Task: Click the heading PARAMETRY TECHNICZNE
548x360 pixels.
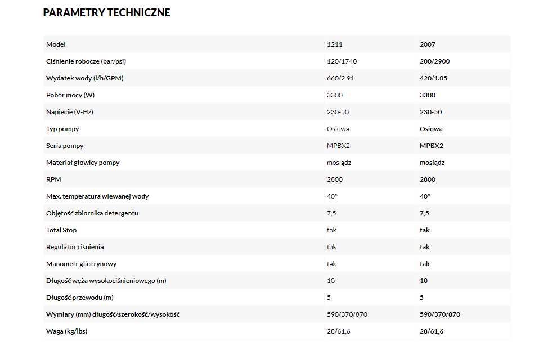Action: coord(106,12)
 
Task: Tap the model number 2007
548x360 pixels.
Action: coord(428,44)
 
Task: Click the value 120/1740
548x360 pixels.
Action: coord(342,61)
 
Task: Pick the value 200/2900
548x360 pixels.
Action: coord(434,61)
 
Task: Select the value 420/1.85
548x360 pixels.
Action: coord(433,78)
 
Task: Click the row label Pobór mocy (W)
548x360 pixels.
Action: coord(70,95)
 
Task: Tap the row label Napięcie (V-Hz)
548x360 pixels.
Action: coord(69,112)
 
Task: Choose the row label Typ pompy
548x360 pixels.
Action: coord(62,129)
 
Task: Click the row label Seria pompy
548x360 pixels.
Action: coord(65,146)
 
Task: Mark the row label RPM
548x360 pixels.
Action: coord(53,179)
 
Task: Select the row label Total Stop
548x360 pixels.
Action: coord(61,230)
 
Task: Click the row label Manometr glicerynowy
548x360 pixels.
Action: coord(81,264)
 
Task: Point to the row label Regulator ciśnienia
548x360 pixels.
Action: coord(75,247)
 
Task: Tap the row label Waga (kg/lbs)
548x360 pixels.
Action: coord(66,331)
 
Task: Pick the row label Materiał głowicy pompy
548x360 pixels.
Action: coord(83,163)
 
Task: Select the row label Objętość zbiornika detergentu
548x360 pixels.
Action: coord(92,213)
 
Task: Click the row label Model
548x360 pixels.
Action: coord(56,44)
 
